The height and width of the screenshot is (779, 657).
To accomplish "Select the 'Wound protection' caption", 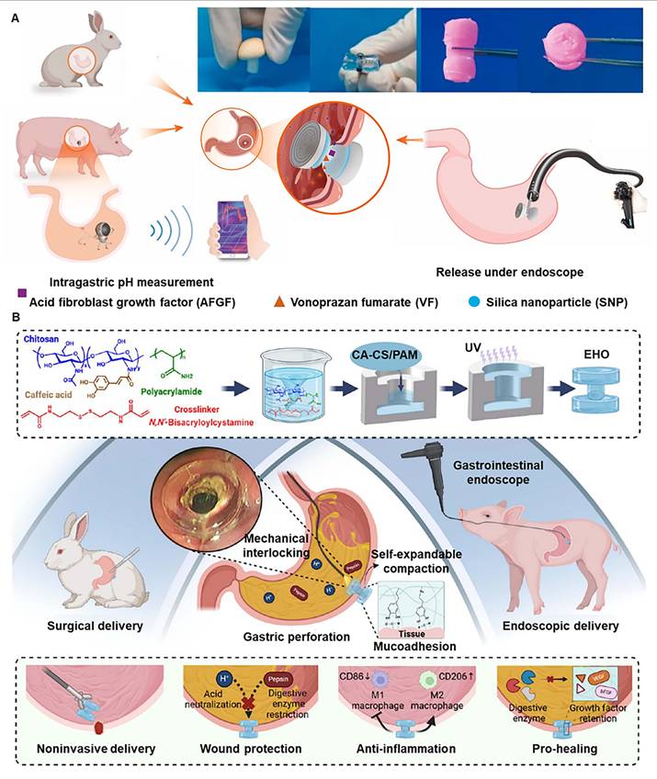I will click(250, 749).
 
